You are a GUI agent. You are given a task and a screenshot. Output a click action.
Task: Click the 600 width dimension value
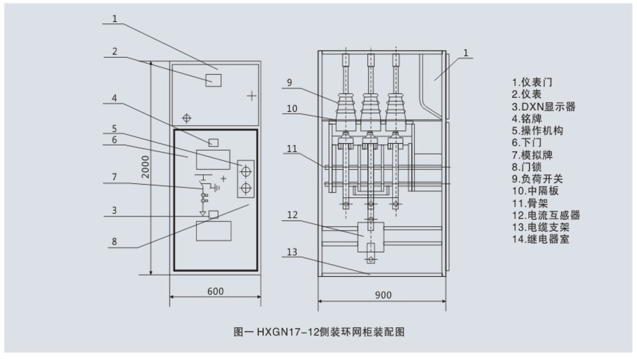click(215, 291)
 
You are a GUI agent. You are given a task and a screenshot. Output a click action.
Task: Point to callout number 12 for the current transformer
click(292, 216)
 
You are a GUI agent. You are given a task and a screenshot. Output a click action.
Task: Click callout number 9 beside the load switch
click(289, 82)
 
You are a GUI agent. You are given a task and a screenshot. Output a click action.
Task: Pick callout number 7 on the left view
click(114, 177)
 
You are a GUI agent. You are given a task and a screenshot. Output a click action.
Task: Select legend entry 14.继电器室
click(541, 239)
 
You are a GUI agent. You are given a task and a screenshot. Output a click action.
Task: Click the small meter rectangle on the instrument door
click(213, 80)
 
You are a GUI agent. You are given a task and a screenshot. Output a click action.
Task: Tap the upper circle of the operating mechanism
click(246, 171)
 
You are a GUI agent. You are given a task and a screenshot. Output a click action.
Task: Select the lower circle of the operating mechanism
click(246, 188)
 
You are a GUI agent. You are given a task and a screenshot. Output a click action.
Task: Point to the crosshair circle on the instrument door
click(185, 118)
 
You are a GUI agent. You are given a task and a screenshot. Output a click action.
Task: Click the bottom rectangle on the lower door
click(213, 230)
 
